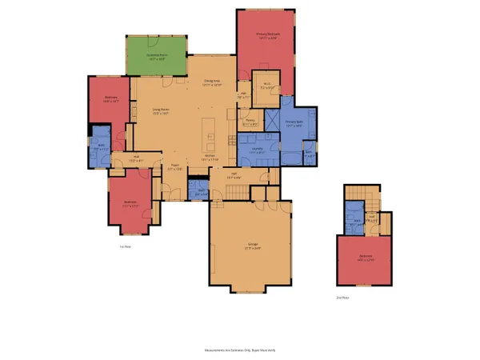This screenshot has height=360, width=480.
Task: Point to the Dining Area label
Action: point(211,82)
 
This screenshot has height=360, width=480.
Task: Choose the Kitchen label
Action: point(210,157)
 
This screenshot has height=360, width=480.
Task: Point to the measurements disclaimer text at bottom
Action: point(240,350)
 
